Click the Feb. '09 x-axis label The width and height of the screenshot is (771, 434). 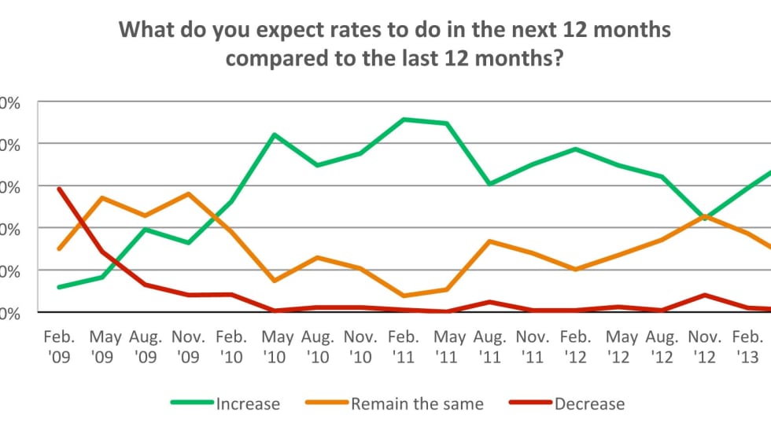60,346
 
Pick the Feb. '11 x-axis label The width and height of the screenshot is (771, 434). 403,346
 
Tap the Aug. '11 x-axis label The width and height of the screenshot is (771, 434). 489,346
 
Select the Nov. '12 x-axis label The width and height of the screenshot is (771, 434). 705,346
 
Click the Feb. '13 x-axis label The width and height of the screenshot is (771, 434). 748,346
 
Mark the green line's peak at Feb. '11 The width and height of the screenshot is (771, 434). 404,120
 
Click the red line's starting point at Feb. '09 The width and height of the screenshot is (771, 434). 60,189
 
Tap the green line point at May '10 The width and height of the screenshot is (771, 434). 275,134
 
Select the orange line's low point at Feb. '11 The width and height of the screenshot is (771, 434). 404,296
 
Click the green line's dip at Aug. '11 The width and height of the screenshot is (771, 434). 489,184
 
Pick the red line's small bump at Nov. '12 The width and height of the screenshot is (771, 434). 705,295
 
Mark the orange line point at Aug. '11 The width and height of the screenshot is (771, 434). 489,241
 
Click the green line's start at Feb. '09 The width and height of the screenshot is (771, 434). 60,287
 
